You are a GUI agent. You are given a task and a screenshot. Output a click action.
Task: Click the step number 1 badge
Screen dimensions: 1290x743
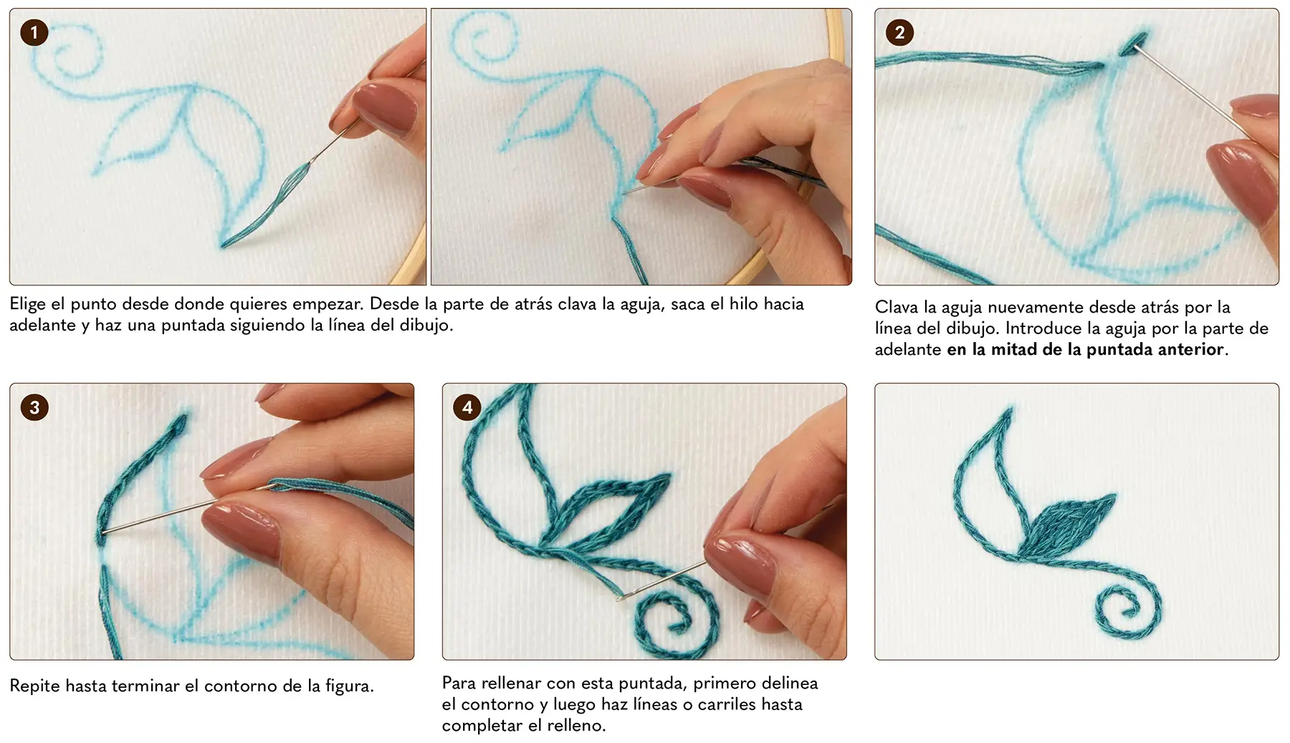[34, 32]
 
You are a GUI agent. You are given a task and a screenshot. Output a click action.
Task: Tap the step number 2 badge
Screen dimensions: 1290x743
[899, 32]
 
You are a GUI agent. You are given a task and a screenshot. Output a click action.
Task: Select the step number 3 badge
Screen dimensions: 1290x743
[34, 407]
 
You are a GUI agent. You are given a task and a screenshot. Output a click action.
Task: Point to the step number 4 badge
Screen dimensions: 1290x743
[467, 407]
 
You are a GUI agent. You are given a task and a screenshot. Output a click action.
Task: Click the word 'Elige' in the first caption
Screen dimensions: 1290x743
[27, 304]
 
